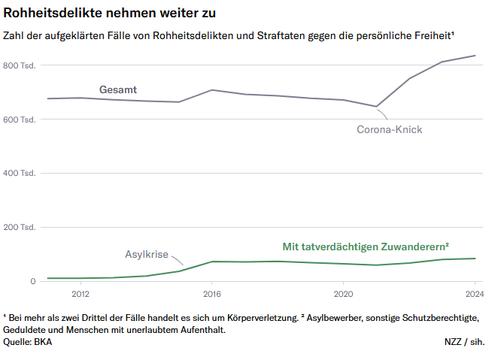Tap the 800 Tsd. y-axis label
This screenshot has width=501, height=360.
(x=20, y=65)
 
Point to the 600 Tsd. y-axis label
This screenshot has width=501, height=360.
(x=20, y=119)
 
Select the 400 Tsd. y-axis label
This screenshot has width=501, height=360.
(x=20, y=174)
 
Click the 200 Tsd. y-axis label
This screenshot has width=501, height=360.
(x=20, y=227)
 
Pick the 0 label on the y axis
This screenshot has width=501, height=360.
(x=32, y=281)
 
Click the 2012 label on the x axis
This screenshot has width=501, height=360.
(x=80, y=294)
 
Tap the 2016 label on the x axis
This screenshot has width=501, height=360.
(x=212, y=294)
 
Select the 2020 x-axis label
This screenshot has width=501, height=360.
(x=343, y=294)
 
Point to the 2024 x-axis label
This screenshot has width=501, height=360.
(x=474, y=294)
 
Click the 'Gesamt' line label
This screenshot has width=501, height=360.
(x=118, y=90)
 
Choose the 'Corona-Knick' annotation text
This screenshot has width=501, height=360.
(x=389, y=129)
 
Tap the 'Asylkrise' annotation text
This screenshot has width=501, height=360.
(x=146, y=254)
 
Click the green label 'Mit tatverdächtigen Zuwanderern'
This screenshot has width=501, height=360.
(x=365, y=247)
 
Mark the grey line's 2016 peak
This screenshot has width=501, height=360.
(x=212, y=90)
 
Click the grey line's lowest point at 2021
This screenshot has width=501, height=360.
(x=376, y=107)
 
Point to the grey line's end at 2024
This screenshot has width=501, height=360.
(x=475, y=56)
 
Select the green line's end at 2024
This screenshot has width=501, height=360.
(x=475, y=259)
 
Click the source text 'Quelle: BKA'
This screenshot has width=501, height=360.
(x=28, y=342)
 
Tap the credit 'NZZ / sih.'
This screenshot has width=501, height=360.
(x=464, y=342)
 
